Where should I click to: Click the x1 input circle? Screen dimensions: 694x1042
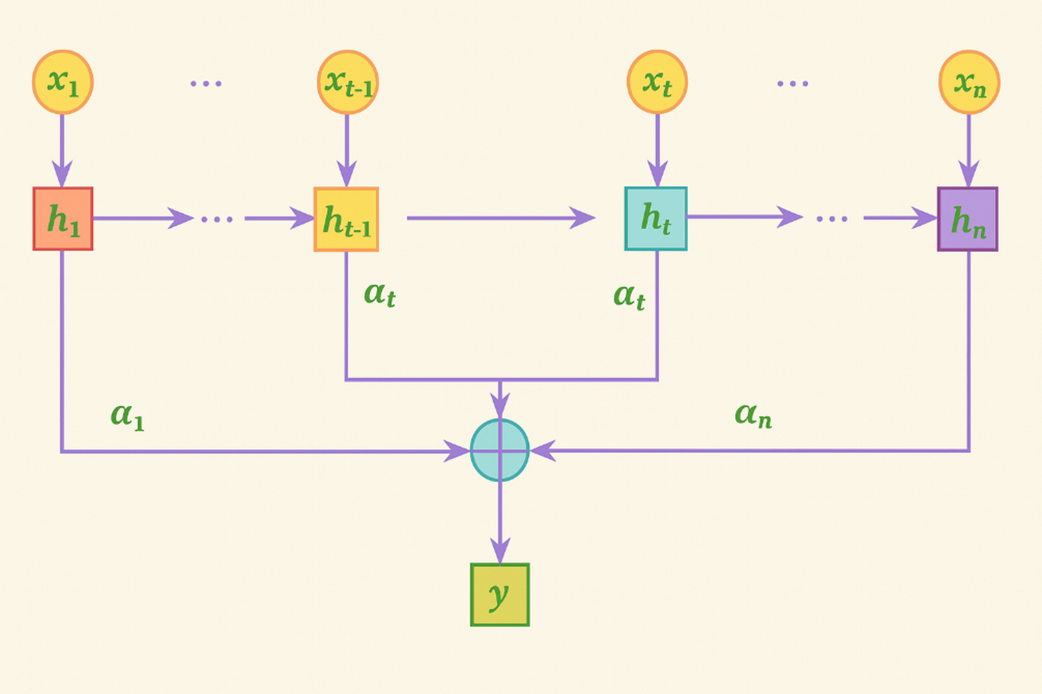pos(62,82)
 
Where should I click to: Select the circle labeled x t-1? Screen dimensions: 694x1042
pos(348,82)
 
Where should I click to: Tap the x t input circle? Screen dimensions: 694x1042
pos(658,82)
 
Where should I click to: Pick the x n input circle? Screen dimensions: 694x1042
pos(969,82)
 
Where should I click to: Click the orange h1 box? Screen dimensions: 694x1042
pos(63,219)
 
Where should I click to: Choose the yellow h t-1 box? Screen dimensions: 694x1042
pos(346,219)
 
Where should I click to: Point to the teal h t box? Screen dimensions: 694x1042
pos(656,219)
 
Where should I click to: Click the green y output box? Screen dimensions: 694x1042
pos(500,595)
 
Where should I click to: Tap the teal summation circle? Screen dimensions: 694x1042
pos(500,450)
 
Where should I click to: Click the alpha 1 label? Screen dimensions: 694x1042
pos(128,415)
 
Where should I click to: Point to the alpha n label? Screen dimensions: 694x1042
pos(753,415)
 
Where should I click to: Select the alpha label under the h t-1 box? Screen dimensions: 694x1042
pos(380,294)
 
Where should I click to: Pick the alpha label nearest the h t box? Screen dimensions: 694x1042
pos(629,295)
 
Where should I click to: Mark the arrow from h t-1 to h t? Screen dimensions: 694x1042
pos(501,219)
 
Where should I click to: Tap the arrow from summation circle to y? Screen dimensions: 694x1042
pos(500,524)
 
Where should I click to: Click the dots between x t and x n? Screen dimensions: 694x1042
pos(793,83)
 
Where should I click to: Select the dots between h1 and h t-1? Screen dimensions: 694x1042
pos(218,219)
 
